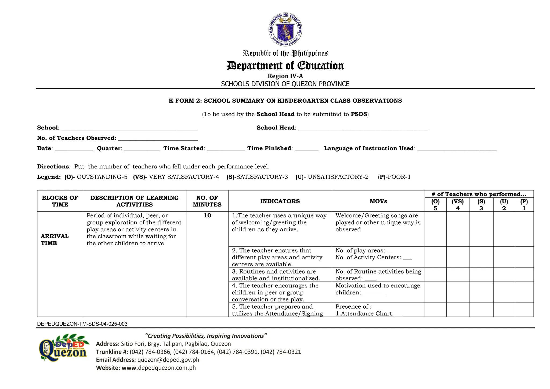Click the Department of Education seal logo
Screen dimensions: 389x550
click(285, 29)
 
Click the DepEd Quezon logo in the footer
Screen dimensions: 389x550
click(63, 348)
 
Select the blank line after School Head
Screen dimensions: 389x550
click(363, 128)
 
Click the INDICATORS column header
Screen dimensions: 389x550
click(280, 201)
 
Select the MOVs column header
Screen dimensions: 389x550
click(378, 201)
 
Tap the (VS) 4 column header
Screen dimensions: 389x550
click(458, 205)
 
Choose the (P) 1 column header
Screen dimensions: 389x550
click(524, 205)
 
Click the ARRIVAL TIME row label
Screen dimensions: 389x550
click(55, 240)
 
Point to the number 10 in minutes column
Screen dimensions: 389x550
click(207, 215)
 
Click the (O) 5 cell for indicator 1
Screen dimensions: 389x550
click(435, 229)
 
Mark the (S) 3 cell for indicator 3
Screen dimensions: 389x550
click(481, 275)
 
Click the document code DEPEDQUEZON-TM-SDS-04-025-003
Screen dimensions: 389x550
click(82, 324)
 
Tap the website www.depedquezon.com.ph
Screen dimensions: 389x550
click(158, 368)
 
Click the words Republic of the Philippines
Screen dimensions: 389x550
click(285, 53)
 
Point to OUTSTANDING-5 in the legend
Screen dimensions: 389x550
click(102, 177)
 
